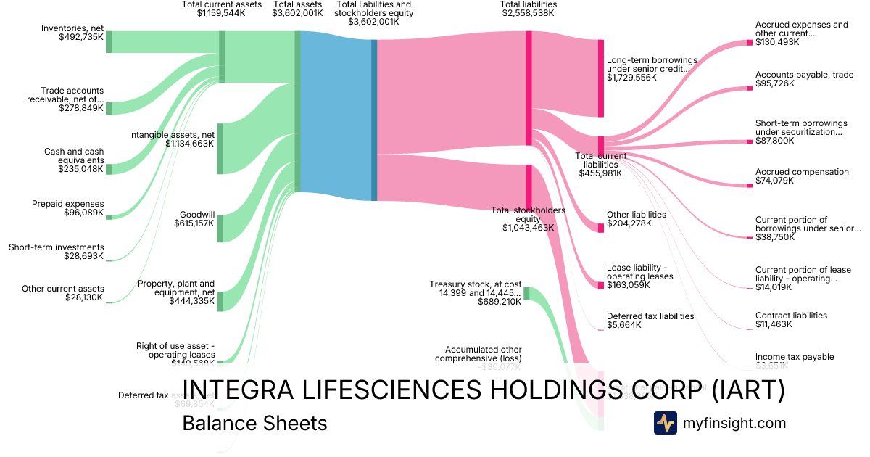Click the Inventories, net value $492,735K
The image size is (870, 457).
click(81, 36)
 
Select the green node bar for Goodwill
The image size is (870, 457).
click(220, 228)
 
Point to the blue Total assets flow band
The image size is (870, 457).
click(335, 120)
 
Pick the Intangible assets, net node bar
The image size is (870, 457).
click(220, 149)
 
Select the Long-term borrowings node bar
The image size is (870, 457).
click(600, 78)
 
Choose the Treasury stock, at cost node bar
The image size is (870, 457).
click(526, 293)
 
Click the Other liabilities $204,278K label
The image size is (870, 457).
click(636, 219)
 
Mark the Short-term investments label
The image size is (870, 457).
click(57, 247)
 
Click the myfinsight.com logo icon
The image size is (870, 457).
click(665, 423)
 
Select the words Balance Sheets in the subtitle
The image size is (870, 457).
click(254, 423)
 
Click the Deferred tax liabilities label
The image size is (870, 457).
click(650, 316)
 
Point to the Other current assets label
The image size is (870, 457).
click(62, 289)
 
